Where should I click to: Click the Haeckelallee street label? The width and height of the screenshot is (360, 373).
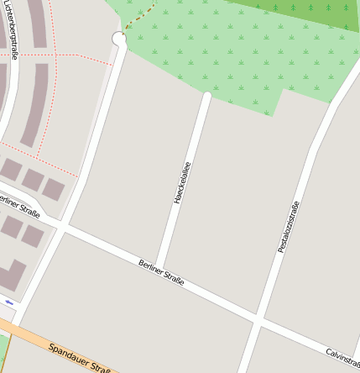[182, 184]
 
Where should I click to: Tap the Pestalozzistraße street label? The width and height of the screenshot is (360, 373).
[289, 228]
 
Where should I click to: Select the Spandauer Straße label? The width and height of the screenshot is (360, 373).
[81, 358]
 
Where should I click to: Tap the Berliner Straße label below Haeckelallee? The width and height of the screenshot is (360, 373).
[161, 272]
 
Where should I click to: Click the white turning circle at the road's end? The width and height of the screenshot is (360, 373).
[119, 39]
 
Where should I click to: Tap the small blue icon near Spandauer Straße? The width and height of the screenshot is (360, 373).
[9, 302]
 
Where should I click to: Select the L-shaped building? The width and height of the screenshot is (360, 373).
[10, 276]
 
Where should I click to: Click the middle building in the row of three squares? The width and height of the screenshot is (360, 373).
[33, 179]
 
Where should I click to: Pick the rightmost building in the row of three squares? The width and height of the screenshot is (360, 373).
[54, 189]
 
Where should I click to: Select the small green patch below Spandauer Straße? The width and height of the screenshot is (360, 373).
[3, 349]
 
